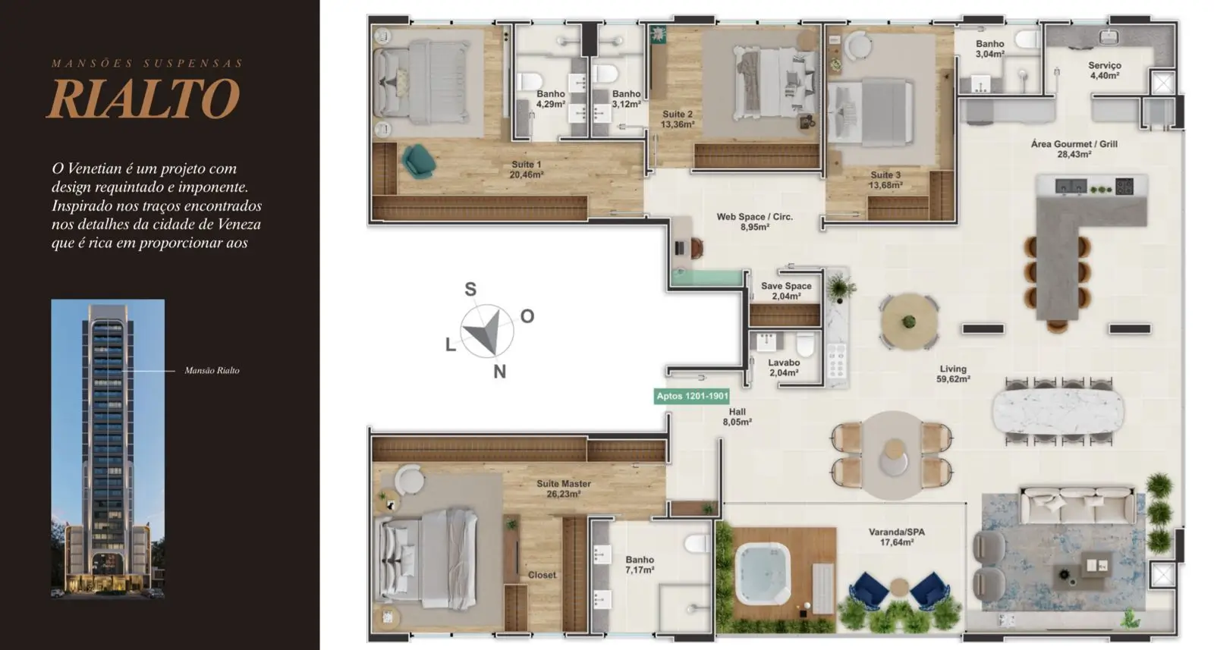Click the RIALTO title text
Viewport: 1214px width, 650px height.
[x=143, y=98]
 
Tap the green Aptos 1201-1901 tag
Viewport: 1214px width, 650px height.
[x=691, y=396]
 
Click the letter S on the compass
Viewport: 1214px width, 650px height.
[x=470, y=289]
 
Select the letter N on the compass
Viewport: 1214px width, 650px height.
[x=500, y=372]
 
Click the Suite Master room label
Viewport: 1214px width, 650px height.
[x=564, y=488]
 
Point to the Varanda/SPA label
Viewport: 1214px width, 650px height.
[x=897, y=537]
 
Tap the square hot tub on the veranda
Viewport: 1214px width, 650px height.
[x=763, y=573]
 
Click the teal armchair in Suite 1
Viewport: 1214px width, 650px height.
[x=418, y=160]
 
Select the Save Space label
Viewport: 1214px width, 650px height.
[x=786, y=291]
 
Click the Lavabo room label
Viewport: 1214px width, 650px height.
[x=784, y=367]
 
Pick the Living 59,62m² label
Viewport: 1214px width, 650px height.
[x=953, y=374]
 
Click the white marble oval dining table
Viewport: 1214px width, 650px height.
[x=1058, y=412]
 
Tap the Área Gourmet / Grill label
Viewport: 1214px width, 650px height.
[x=1074, y=149]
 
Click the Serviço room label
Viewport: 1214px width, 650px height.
[x=1105, y=71]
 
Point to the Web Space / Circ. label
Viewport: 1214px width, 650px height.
[x=754, y=221]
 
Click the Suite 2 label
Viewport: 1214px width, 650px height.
[x=678, y=119]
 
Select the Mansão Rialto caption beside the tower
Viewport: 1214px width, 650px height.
[x=212, y=370]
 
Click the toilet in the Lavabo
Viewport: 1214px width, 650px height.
[x=805, y=344]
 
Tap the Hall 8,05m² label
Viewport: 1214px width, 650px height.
[x=737, y=416]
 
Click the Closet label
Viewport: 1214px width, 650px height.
[x=542, y=575]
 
